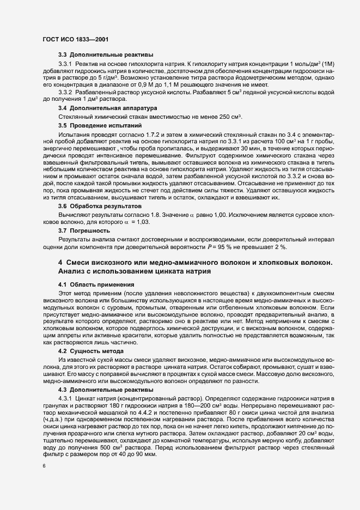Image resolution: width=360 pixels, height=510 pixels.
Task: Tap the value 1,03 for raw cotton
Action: (x=141, y=222)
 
